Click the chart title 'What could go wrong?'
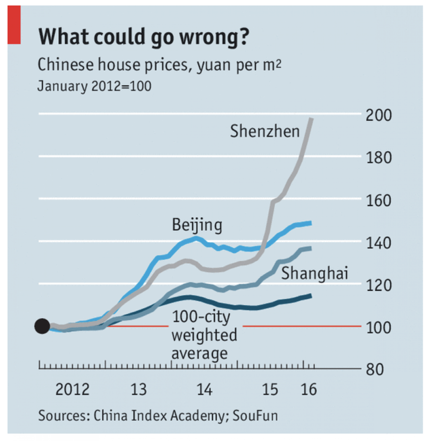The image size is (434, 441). [x=144, y=37]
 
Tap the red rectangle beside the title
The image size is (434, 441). [x=14, y=25]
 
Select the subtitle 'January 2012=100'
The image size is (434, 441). [x=94, y=86]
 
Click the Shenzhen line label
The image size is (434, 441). [x=265, y=131]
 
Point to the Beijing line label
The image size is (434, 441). [x=197, y=225]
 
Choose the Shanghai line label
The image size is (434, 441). [x=314, y=273]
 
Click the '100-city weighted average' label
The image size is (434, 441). [x=204, y=335]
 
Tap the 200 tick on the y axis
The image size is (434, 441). [x=379, y=116]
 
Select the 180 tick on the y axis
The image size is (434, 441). [x=379, y=158]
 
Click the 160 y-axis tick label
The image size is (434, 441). [x=379, y=201]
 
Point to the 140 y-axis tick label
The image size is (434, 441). [x=379, y=243]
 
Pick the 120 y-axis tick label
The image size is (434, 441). [x=379, y=285]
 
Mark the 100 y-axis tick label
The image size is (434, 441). [x=379, y=328]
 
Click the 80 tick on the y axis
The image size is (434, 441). [x=375, y=370]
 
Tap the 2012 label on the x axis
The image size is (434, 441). [x=72, y=389]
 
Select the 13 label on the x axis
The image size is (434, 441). [x=139, y=389]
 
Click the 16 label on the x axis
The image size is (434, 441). [x=309, y=389]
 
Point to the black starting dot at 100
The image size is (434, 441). [x=42, y=326]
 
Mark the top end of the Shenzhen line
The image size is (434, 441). [x=311, y=119]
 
